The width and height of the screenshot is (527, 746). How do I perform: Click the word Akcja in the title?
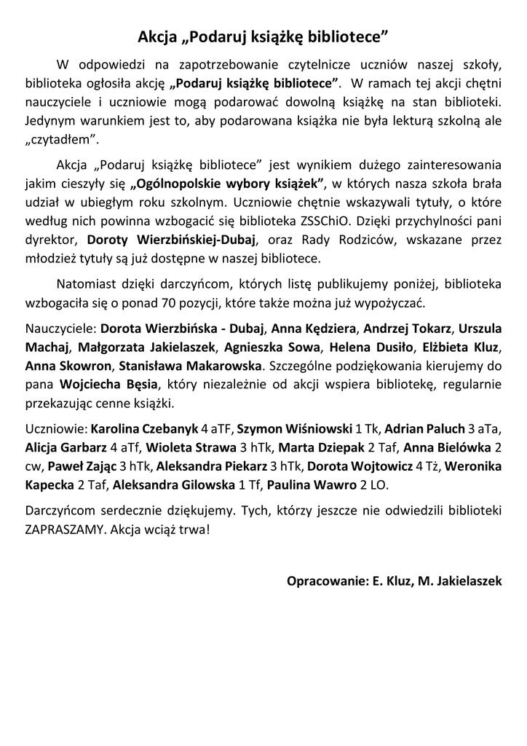tap(159, 36)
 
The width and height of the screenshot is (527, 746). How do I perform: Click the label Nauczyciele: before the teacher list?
tap(60, 328)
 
